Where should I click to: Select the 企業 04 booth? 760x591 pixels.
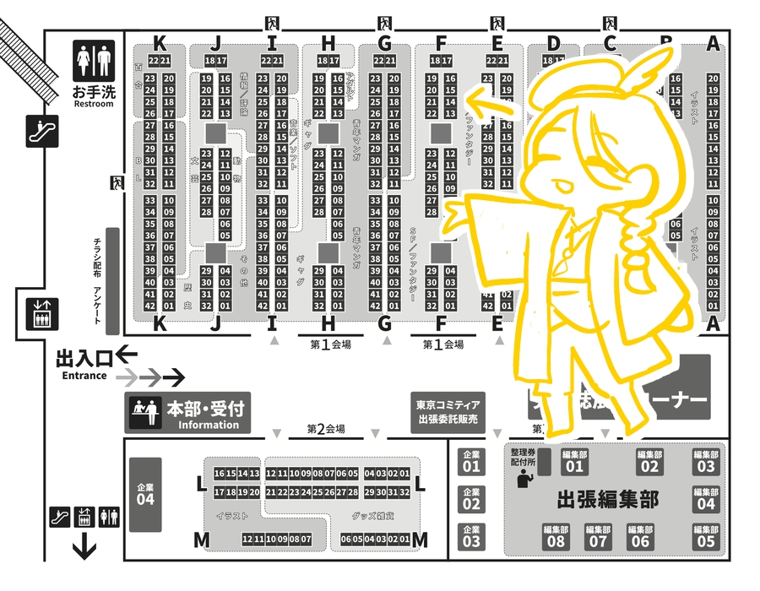point(145,495)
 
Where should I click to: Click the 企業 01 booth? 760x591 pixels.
point(471,460)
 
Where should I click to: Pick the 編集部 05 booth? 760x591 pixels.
point(706,537)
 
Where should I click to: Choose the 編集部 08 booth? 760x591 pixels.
point(556,537)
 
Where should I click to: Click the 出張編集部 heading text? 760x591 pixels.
point(608,500)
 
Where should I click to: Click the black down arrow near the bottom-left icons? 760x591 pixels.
point(84,550)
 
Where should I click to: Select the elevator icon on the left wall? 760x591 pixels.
point(40,313)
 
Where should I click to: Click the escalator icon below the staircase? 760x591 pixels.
point(41,131)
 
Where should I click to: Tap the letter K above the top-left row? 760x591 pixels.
point(158,44)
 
